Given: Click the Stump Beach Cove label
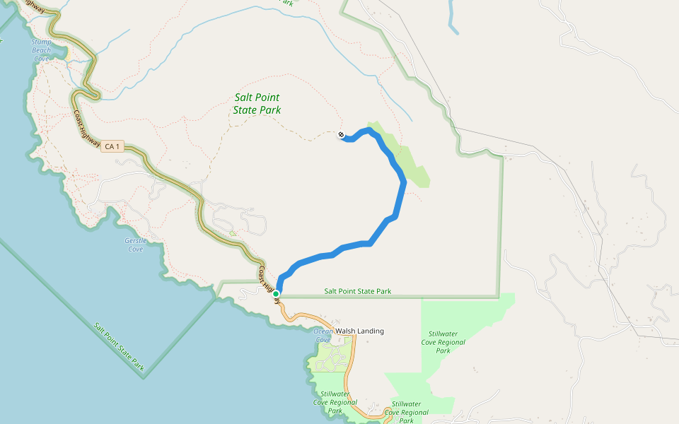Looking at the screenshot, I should click(42, 50).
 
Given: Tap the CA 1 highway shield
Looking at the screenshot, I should click(112, 146).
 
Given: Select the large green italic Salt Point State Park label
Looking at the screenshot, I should click(257, 105).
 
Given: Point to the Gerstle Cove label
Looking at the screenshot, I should click(134, 245).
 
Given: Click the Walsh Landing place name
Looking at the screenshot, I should click(359, 331).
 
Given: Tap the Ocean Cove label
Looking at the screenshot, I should click(323, 334).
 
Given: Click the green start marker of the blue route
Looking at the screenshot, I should click(276, 294).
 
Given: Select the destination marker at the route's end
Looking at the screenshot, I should click(341, 134).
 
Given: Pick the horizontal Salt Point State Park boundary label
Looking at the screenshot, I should click(357, 291).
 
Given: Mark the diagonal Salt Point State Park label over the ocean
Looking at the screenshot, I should click(120, 346).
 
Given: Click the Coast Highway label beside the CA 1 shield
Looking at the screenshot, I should click(87, 129).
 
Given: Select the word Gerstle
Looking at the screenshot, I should click(134, 240).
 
